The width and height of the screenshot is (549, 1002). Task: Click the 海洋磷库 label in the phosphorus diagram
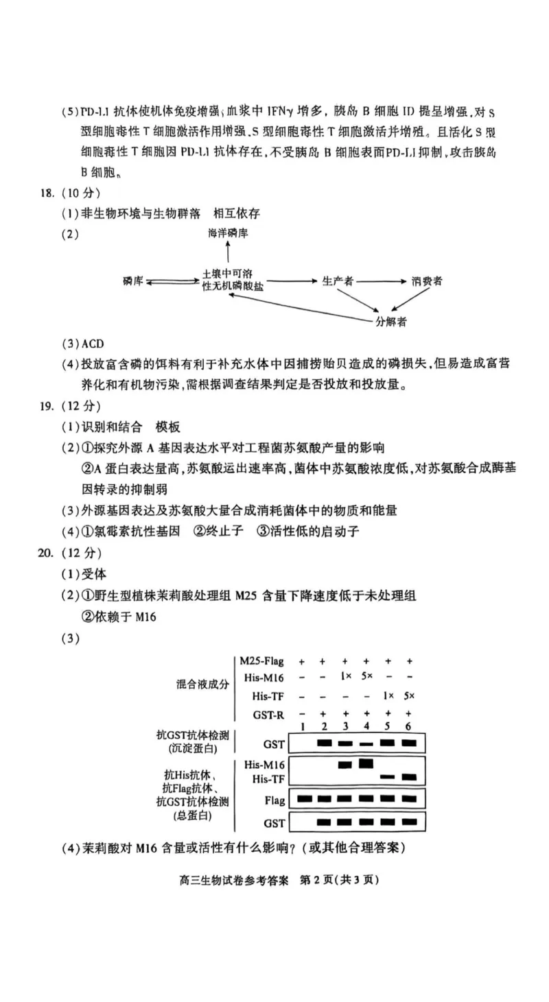coord(229,234)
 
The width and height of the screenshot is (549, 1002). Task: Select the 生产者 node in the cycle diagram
coord(338,281)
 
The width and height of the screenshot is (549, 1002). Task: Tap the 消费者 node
coord(427,281)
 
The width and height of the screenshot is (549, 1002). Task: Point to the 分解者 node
coord(390,322)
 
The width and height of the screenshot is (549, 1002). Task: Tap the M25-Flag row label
coord(262,661)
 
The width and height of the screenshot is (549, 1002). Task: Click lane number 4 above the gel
coord(366,726)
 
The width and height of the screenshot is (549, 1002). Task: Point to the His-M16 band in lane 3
coord(345,765)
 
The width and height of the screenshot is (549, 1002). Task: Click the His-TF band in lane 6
coord(410,777)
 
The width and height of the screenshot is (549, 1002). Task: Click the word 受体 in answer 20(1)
coord(94,573)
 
